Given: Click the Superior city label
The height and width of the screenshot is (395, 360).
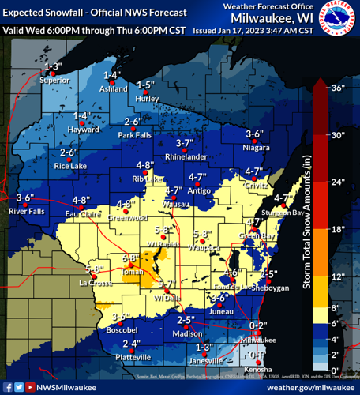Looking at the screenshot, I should tap(54, 79).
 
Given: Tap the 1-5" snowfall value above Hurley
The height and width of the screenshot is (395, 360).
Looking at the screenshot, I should tap(144, 85).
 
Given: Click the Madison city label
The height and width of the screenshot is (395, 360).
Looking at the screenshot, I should tap(187, 333).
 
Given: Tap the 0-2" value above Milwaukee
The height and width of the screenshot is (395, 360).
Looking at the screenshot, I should tap(258, 325).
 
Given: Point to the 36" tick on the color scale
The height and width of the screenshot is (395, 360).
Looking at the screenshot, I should tap(336, 88).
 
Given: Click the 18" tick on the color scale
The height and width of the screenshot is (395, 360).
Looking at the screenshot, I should tap(336, 229).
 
